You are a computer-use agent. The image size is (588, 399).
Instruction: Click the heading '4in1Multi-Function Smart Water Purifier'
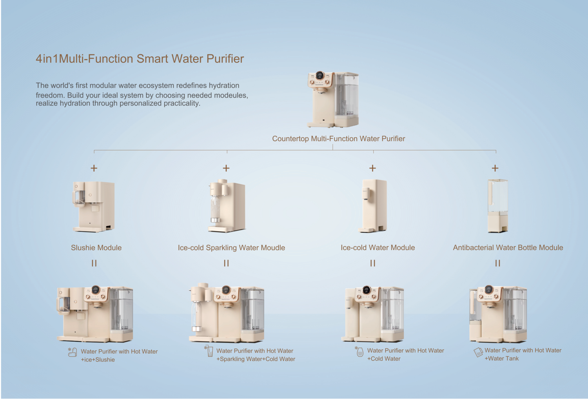coord(140,58)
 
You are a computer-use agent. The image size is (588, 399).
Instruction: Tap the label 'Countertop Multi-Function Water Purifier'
coord(338,139)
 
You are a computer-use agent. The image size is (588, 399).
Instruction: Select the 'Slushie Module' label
coord(96,248)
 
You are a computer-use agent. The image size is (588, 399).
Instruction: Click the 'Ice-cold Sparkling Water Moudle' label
coord(231,248)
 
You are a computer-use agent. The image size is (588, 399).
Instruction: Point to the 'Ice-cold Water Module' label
coord(378,248)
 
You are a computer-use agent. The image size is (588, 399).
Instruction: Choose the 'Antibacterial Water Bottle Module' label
coord(508,248)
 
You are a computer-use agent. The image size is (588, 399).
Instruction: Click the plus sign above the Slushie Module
coord(94,168)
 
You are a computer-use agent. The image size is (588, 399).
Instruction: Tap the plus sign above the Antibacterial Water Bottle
coord(495,168)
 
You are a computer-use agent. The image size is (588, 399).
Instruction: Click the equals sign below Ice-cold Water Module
coord(373,263)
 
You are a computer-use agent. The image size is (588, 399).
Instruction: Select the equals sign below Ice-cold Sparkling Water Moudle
coord(226,263)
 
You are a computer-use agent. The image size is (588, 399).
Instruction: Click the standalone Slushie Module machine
coord(94,207)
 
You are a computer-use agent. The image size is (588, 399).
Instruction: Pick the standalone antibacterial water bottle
coord(498,206)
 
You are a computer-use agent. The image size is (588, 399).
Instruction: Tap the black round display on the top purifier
coord(320,76)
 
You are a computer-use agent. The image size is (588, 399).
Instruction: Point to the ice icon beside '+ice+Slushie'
coord(73,352)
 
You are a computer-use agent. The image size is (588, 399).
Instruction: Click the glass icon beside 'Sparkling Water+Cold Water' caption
coord(209,351)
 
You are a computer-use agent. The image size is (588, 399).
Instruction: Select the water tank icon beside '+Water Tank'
coord(478,352)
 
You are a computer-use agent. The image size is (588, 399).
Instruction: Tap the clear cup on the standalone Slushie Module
coord(79,197)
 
